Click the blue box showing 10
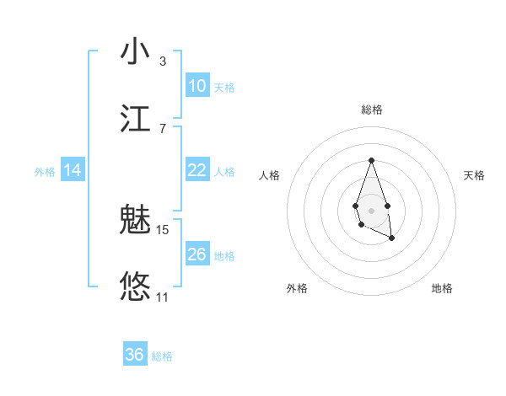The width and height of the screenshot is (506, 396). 197,86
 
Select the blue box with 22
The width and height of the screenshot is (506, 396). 197,170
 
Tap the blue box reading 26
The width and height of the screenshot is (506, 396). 197,254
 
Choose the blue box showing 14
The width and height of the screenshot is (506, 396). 73,170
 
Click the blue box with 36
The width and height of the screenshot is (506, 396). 135,355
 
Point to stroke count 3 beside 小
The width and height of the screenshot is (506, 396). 162,62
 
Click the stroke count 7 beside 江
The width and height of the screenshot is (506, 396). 162,128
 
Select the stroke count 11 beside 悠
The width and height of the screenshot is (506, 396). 163,297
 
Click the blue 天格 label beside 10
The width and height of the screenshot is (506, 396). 224,88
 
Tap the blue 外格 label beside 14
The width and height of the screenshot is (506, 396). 45,172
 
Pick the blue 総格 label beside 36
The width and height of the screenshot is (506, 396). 162,356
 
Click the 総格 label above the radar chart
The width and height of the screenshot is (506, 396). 371,110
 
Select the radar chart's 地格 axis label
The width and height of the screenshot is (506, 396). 442,289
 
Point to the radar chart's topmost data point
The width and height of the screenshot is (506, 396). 371,160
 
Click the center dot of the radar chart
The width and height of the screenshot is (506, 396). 371,210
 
